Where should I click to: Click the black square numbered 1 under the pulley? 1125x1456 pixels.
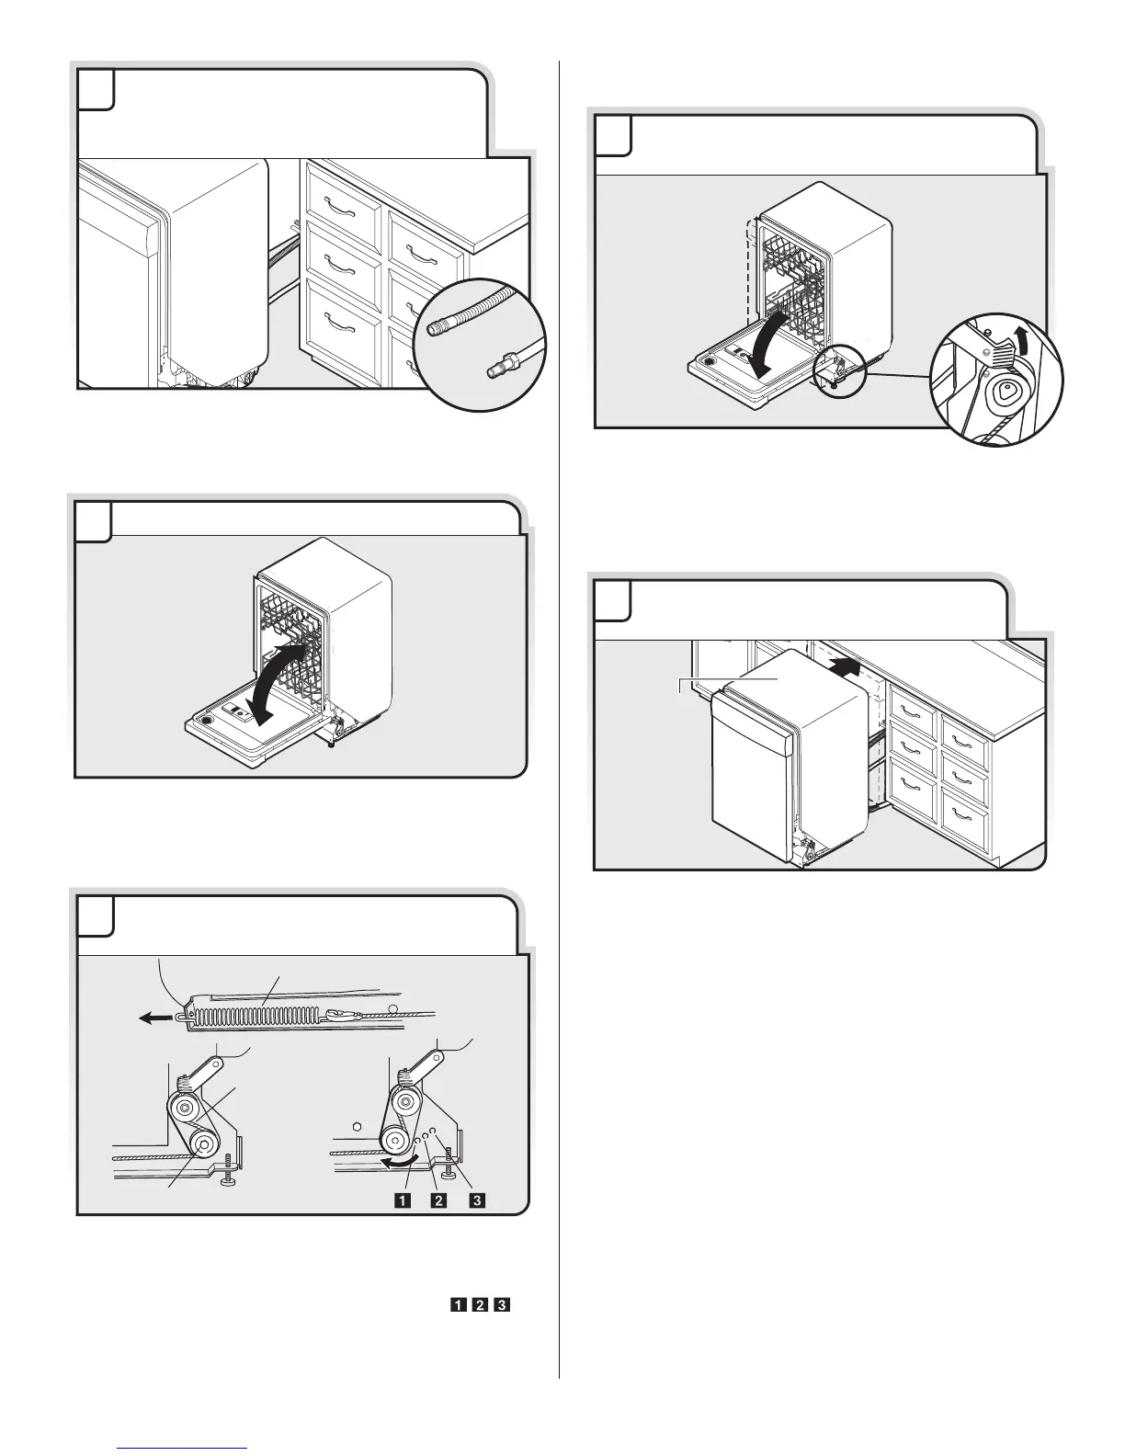tap(402, 1200)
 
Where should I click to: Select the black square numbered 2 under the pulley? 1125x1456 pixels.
tap(439, 1200)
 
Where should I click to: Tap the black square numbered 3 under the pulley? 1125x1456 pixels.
tap(477, 1200)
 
